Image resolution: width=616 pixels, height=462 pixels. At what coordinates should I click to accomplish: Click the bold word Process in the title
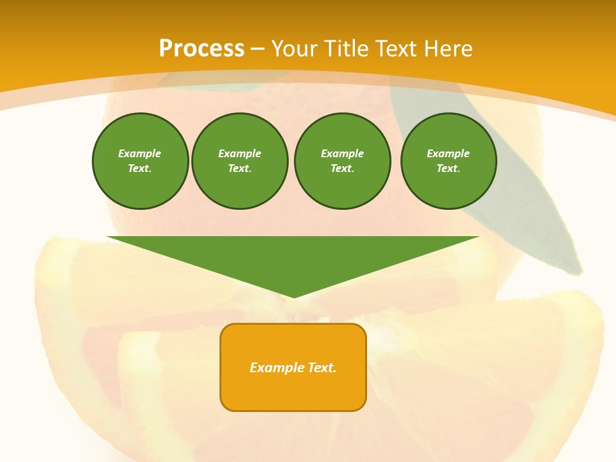pos(201,48)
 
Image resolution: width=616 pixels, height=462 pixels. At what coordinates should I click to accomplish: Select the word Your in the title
pos(291,48)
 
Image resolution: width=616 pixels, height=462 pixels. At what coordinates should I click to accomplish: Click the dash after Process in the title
pos(257,49)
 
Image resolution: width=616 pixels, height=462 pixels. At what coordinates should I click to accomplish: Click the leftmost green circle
pos(140,161)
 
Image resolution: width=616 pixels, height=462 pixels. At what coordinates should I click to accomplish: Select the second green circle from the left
pos(240,161)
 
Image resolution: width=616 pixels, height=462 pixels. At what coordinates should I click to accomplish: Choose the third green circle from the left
pos(342,161)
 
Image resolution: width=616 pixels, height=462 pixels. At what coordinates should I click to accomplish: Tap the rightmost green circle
pos(448,161)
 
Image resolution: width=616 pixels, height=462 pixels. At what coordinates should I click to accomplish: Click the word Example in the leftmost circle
pos(140,153)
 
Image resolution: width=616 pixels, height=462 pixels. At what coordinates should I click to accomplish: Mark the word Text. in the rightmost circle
pos(448,169)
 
